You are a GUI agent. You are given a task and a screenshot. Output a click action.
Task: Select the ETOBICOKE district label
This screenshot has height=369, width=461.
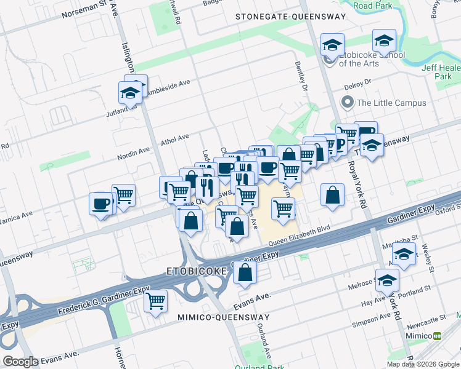pyautogui.click(x=194, y=271)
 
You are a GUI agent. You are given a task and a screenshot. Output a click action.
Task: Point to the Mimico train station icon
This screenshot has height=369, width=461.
pyautogui.click(x=438, y=336)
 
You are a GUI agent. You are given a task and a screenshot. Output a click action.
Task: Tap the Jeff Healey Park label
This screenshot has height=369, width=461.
pyautogui.click(x=443, y=73)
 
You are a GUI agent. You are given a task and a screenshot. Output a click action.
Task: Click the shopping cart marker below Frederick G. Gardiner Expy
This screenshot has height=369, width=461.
pyautogui.click(x=156, y=301)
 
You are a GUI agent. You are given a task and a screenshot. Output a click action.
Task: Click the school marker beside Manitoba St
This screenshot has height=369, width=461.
pyautogui.click(x=404, y=254)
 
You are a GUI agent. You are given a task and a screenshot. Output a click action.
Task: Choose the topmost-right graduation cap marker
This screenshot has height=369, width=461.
pyautogui.click(x=384, y=41)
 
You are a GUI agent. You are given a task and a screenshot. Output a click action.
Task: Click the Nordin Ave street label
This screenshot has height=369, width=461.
pyautogui.click(x=134, y=153)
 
